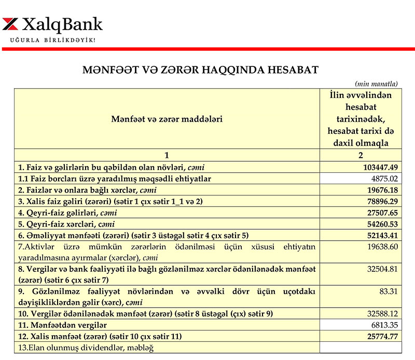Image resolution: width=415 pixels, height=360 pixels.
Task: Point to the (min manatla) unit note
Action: click(x=376, y=83)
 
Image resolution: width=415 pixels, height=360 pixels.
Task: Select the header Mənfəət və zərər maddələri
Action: click(x=167, y=119)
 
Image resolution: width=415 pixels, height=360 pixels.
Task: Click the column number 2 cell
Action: click(x=361, y=155)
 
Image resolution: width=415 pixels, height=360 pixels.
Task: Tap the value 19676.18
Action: click(x=379, y=190)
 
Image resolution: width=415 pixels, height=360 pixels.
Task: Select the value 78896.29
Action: click(x=379, y=201)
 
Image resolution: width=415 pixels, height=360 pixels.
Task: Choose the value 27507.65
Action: click(x=379, y=213)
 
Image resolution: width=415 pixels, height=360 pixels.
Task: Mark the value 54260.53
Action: click(x=379, y=224)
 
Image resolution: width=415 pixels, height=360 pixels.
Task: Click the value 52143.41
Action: click(x=379, y=236)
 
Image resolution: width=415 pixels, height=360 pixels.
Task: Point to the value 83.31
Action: click(x=389, y=292)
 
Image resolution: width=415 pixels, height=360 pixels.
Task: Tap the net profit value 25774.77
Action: click(x=379, y=336)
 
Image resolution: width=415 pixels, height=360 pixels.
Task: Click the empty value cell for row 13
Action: click(x=361, y=347)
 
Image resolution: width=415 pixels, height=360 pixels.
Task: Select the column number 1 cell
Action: click(x=167, y=155)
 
